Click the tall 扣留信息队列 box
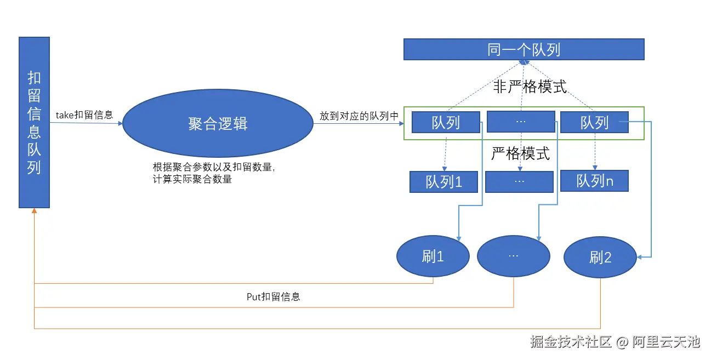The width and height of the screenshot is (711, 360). [x=34, y=122]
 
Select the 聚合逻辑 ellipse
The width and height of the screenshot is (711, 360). [x=218, y=124]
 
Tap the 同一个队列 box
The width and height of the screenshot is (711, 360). [x=524, y=50]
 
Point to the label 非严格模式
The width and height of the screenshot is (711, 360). [x=530, y=87]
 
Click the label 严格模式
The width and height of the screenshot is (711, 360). [x=520, y=154]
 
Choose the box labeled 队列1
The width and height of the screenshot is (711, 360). [x=443, y=182]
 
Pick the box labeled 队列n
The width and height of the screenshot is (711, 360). [x=594, y=181]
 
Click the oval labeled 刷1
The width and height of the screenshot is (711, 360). [x=433, y=256]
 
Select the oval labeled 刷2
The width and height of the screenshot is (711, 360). [x=600, y=258]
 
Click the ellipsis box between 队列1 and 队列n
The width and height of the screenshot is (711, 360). [x=520, y=182]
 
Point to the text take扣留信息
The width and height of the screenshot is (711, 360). [x=84, y=115]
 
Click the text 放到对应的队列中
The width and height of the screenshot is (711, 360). [x=359, y=116]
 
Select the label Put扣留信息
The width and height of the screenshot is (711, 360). [x=273, y=297]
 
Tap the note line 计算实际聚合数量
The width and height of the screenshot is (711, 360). [x=192, y=179]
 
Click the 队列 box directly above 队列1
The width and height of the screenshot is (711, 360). [x=446, y=123]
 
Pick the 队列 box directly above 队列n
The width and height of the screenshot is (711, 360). [x=594, y=123]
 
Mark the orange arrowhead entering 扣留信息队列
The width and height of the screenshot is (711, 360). [x=34, y=211]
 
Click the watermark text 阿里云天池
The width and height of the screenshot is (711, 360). [x=666, y=342]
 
